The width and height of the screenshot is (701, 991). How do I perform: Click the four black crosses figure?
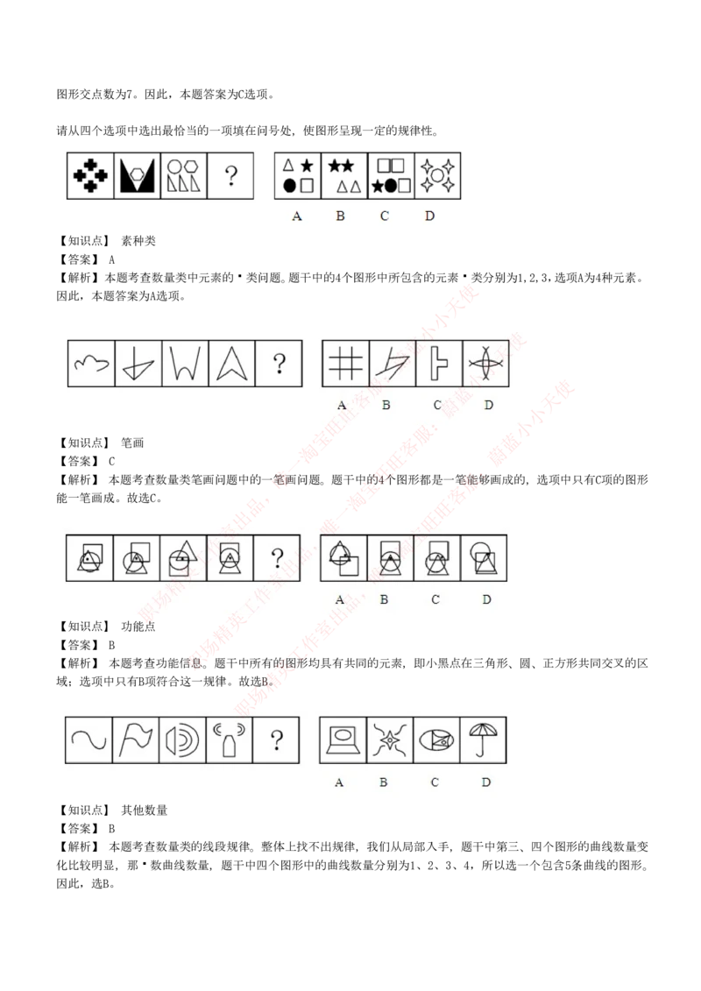tap(91, 176)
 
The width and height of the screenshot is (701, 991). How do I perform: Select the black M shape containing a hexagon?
tap(138, 176)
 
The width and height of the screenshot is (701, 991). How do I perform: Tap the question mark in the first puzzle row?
tap(230, 176)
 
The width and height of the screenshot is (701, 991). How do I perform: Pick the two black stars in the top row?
tap(342, 165)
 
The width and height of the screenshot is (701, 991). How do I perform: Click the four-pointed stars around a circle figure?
tap(437, 176)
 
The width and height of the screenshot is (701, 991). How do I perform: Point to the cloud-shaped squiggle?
tap(92, 364)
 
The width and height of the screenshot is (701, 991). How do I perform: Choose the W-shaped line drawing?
tap(185, 364)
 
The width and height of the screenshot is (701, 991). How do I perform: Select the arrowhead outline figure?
tap(231, 364)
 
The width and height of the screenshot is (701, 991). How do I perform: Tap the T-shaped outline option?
tap(438, 364)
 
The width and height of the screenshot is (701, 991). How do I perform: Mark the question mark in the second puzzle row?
tap(279, 364)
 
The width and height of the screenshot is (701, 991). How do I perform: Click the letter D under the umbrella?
tap(486, 782)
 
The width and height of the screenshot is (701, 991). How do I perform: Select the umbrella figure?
tap(485, 740)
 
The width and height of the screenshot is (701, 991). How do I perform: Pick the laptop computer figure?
tap(343, 740)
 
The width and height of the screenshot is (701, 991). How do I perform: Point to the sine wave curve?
tap(89, 740)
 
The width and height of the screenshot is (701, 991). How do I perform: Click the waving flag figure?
tap(136, 740)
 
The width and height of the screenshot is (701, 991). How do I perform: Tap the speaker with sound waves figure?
tap(182, 740)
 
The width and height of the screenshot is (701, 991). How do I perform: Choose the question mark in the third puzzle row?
tap(277, 558)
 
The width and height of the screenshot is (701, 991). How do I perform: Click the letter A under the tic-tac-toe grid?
tap(342, 405)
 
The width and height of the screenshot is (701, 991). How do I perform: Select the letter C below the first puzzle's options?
tap(385, 216)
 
